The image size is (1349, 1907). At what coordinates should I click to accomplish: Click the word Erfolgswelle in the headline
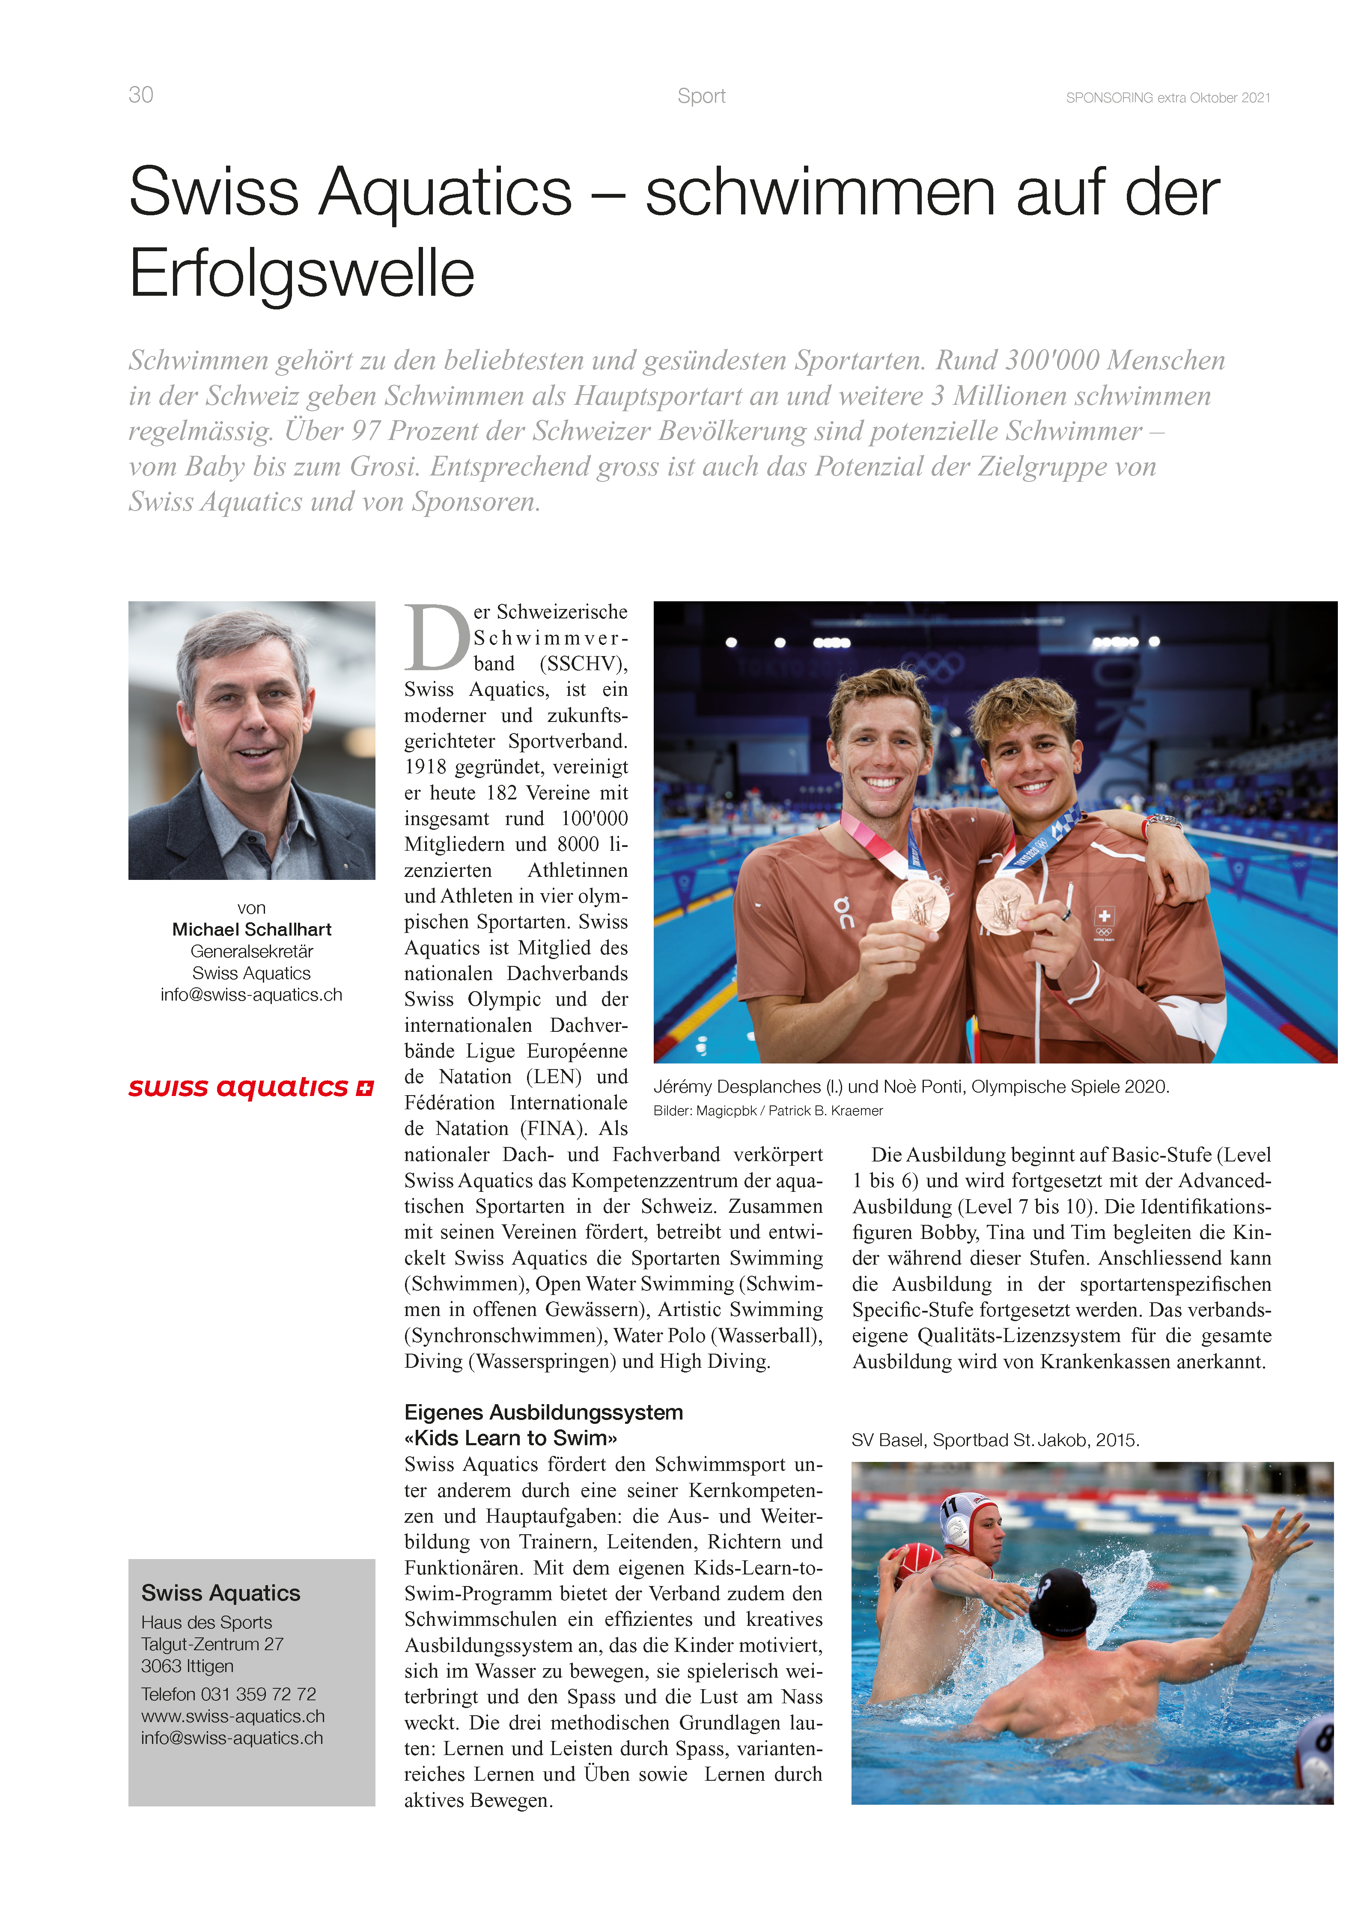[x=301, y=273]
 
